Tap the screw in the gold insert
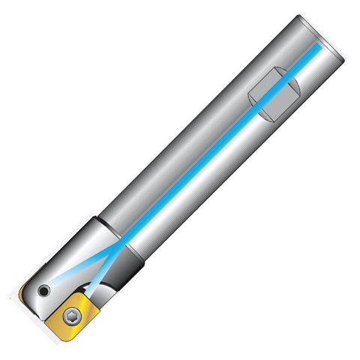pos(72,314)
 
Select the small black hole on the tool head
pos(46,289)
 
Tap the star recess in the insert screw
pos(72,314)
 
